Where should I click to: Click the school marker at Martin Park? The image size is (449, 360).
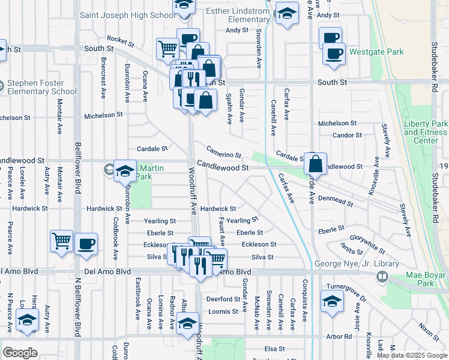coord(125,172)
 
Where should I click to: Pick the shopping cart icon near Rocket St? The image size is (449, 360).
coord(167,49)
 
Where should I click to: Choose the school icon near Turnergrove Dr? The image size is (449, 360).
coord(332,302)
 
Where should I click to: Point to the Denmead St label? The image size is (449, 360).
coord(336,200)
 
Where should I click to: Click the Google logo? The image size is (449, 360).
coord(20,353)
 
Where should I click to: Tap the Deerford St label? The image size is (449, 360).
coord(223,299)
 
